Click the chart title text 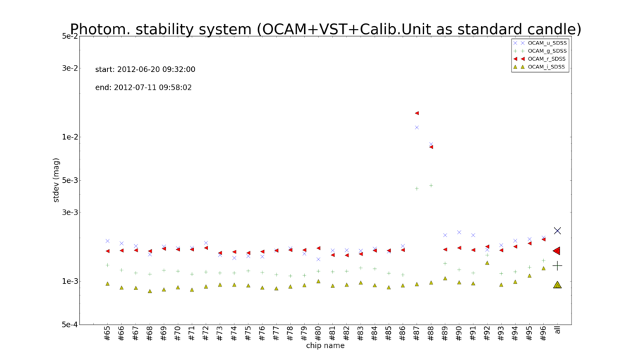click(x=325, y=29)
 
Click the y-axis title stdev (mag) click(x=56, y=180)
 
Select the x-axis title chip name click(x=325, y=346)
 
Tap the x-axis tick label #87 click(x=417, y=333)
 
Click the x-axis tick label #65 click(x=107, y=333)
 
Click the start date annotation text click(x=145, y=70)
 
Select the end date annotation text click(x=143, y=88)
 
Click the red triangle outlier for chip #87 click(x=417, y=113)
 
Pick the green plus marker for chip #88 click(x=431, y=185)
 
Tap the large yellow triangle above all click(x=557, y=284)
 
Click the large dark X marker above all click(x=557, y=231)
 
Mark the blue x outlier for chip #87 click(x=417, y=127)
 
